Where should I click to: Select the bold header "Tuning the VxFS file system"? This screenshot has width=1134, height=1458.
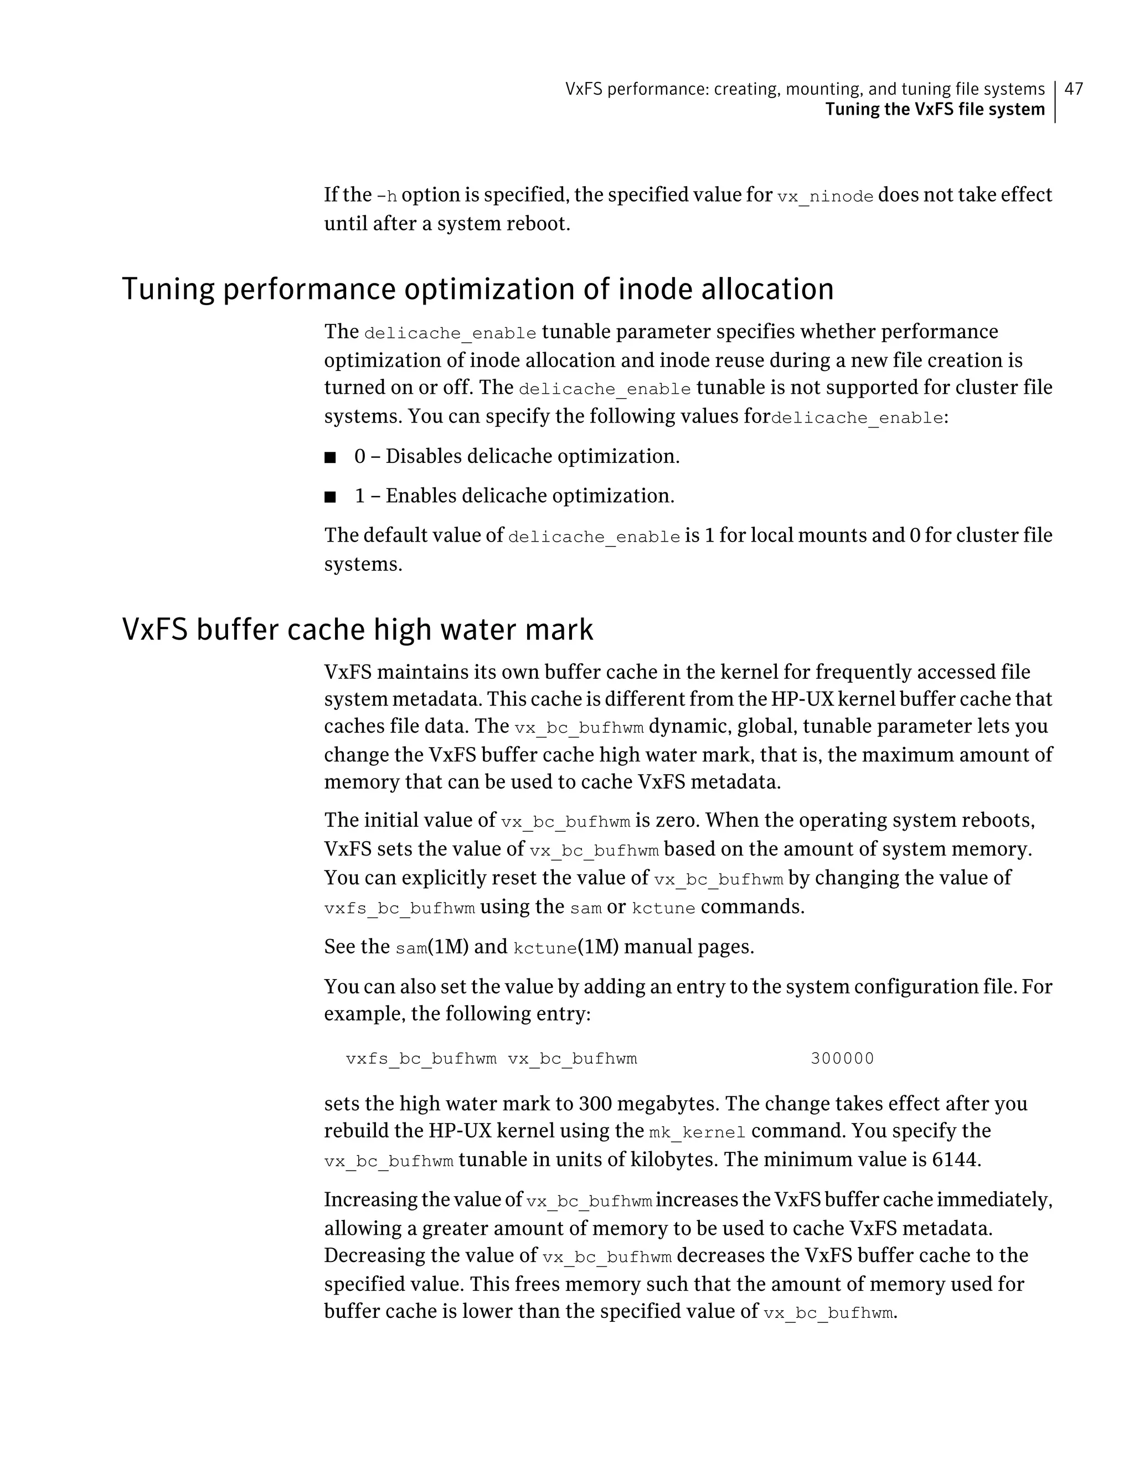point(935,110)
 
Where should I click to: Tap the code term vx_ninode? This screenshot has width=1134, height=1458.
point(825,196)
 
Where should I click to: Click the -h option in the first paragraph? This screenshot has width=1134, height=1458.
point(386,196)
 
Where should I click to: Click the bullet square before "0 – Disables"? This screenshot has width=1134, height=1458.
point(329,458)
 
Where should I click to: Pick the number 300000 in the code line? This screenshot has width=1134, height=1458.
point(842,1059)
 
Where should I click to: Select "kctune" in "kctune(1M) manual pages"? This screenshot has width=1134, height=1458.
point(545,948)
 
